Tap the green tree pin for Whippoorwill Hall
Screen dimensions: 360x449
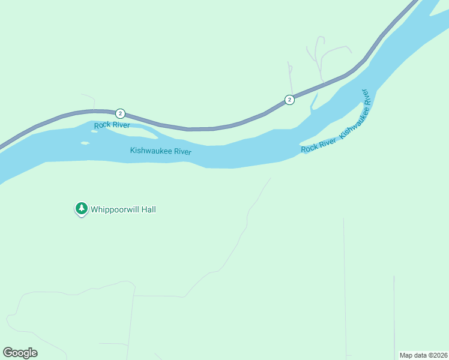pyautogui.click(x=81, y=208)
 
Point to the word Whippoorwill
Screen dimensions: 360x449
pyautogui.click(x=113, y=209)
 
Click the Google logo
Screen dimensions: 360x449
pyautogui.click(x=20, y=353)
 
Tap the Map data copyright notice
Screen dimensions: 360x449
pyautogui.click(x=423, y=355)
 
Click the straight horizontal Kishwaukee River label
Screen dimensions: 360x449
pyautogui.click(x=160, y=151)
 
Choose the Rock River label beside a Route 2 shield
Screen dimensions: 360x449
pyautogui.click(x=112, y=125)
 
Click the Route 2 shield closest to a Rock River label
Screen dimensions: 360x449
pyautogui.click(x=120, y=113)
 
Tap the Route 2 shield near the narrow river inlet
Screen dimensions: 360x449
pyautogui.click(x=289, y=100)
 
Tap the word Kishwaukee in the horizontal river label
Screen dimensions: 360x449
pyautogui.click(x=151, y=151)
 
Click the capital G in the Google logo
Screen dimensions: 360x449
pyautogui.click(x=8, y=353)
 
